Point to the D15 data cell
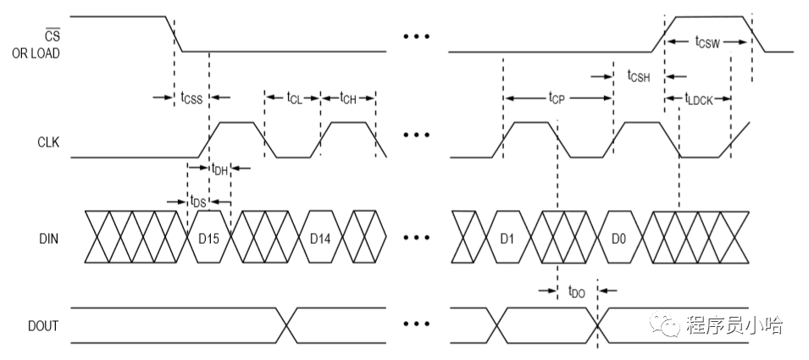click(x=208, y=240)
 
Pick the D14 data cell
click(x=319, y=240)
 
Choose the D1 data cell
click(x=507, y=240)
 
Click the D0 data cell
click(x=618, y=240)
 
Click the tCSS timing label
click(x=191, y=97)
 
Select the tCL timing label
click(x=293, y=97)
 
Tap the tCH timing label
click(x=348, y=97)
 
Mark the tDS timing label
click(x=197, y=202)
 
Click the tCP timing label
click(x=557, y=97)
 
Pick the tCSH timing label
click(x=638, y=76)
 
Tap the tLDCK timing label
click(x=700, y=97)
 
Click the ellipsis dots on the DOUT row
click(x=416, y=324)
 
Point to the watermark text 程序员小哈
click(x=734, y=324)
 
